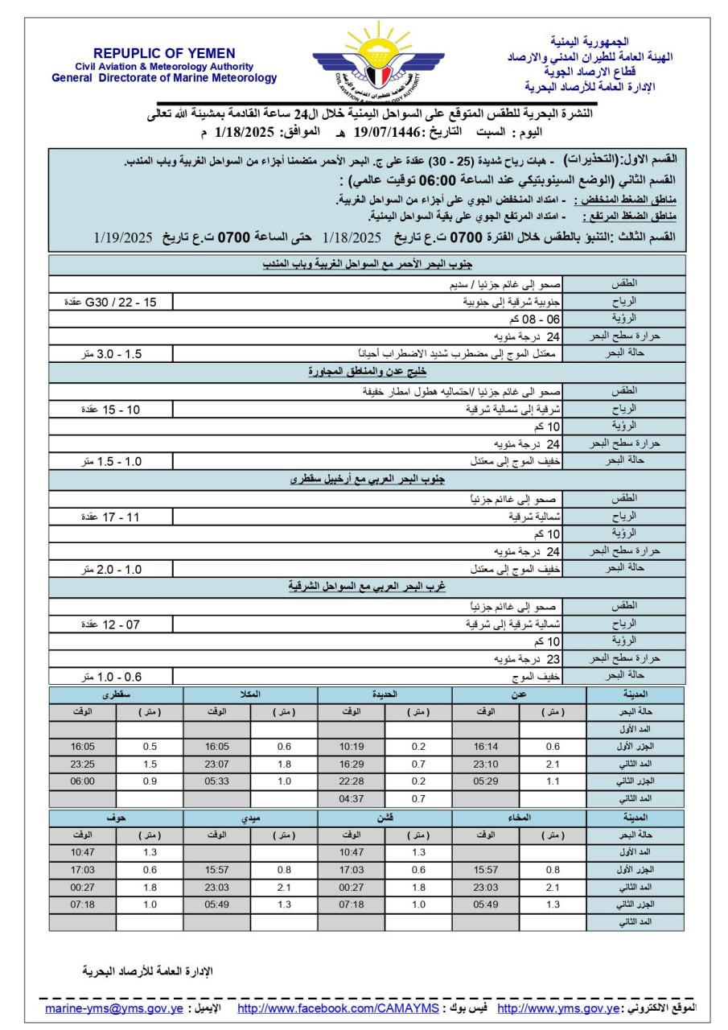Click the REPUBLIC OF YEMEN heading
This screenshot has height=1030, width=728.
pos(164,53)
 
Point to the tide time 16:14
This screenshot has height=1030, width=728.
pos(486,746)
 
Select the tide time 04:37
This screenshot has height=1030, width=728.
pos(352,798)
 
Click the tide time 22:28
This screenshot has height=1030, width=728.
pos(352,781)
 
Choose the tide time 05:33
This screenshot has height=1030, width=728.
pos(217,781)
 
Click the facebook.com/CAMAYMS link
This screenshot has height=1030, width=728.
pos(338,1008)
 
